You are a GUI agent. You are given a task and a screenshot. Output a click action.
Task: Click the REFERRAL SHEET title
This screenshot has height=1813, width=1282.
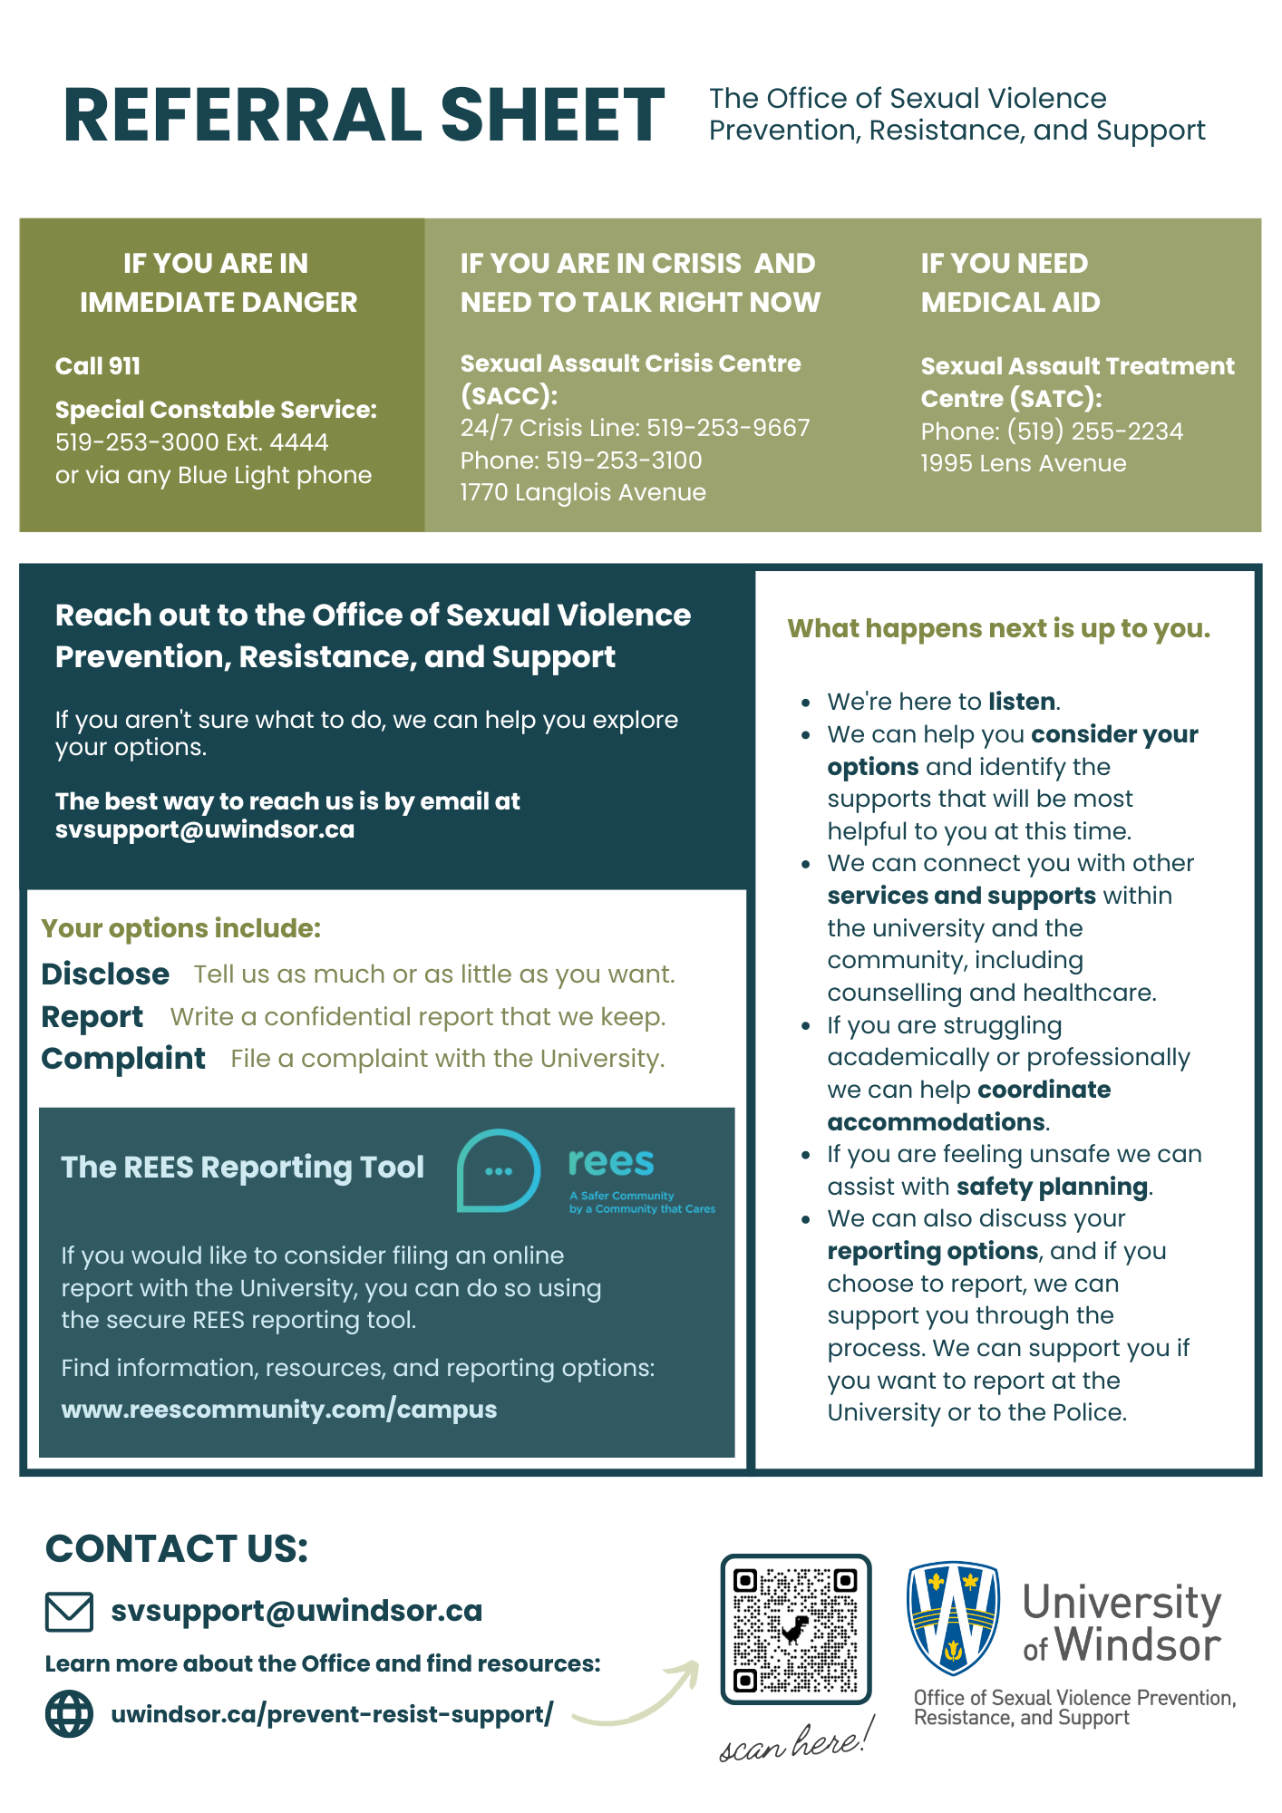[x=364, y=116]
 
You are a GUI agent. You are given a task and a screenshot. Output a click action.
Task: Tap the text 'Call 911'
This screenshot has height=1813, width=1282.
[x=98, y=366]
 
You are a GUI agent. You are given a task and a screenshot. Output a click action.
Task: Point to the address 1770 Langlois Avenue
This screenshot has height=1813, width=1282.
[x=583, y=492]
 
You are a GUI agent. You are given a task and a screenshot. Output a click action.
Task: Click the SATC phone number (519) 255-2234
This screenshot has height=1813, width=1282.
[x=1094, y=431]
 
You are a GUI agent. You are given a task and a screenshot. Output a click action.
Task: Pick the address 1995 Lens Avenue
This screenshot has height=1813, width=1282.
[x=1024, y=463]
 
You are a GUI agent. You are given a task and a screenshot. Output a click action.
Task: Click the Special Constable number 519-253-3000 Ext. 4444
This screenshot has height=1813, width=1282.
[x=191, y=442]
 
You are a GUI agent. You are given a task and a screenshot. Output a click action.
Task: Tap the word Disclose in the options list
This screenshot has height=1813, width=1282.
[x=105, y=974]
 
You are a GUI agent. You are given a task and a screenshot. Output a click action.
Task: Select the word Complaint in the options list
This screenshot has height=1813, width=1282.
[x=123, y=1058]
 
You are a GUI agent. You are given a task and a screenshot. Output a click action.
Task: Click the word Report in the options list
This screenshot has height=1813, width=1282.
[x=92, y=1016]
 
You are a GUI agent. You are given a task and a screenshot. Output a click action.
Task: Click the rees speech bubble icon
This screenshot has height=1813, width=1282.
[x=499, y=1170]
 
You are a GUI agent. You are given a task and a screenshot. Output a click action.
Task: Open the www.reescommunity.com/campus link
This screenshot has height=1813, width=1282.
[x=278, y=1410]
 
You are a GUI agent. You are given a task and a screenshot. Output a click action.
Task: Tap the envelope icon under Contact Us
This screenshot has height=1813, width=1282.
[x=69, y=1612]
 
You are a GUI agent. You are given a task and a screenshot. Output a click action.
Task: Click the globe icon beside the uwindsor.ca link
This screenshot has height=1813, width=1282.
[x=69, y=1714]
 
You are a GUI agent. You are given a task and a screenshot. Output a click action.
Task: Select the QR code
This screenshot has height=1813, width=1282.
[x=795, y=1630]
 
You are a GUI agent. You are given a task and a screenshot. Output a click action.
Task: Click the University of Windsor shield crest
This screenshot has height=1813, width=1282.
[x=953, y=1617]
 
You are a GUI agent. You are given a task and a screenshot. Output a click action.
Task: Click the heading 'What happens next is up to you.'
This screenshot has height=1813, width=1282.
[x=998, y=628]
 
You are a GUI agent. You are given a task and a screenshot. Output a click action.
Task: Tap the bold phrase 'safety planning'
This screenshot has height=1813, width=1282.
[x=1052, y=1187]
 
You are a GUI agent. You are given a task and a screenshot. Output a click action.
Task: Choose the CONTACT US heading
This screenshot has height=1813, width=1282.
[x=177, y=1548]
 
